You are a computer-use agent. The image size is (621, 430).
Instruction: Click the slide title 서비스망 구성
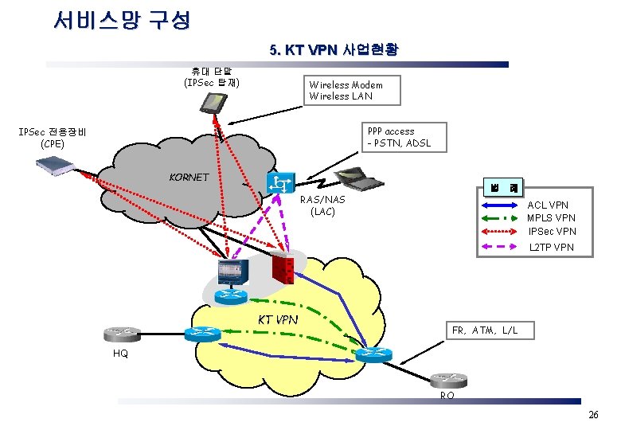[122, 20]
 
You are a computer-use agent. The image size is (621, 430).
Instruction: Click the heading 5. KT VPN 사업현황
[334, 50]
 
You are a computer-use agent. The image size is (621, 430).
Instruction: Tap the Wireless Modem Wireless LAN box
[346, 91]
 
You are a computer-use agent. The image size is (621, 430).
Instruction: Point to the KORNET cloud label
[189, 177]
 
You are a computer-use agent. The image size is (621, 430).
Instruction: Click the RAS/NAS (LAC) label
[323, 205]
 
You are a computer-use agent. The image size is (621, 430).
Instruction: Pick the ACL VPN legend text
[548, 205]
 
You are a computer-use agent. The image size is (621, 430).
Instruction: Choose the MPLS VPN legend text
[551, 217]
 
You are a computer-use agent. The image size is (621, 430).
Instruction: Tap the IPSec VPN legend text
[552, 231]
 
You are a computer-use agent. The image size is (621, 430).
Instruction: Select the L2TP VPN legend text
[552, 248]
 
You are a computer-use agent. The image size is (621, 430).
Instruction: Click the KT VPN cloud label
[278, 319]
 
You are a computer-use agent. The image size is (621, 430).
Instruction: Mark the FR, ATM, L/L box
[485, 330]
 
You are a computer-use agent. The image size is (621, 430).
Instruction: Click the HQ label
[120, 353]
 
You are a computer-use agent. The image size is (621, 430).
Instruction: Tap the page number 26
[592, 416]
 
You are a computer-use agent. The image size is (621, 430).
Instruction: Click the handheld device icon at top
[213, 103]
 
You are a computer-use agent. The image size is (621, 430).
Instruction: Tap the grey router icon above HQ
[120, 333]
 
